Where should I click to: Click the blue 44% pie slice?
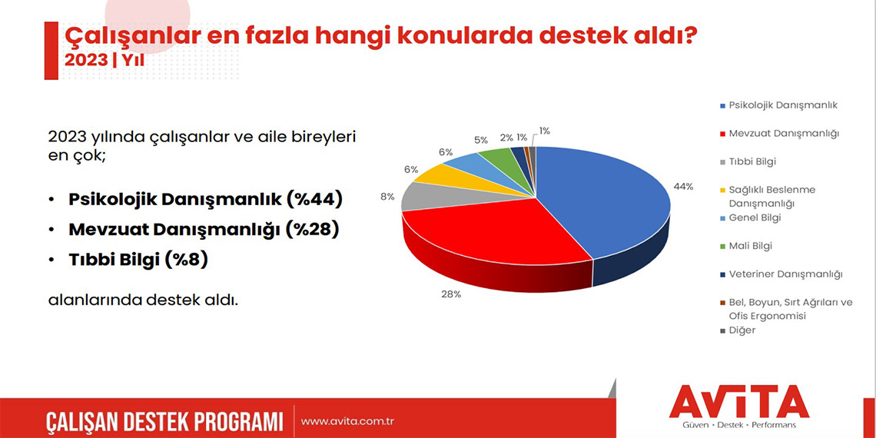(607, 200)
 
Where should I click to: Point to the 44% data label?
(682, 187)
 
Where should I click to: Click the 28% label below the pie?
(451, 294)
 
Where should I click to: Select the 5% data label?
(481, 140)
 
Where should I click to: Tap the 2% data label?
(506, 138)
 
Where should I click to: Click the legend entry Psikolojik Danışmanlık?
(782, 105)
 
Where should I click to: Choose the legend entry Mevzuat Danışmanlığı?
(783, 133)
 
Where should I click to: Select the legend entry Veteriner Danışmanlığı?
(785, 274)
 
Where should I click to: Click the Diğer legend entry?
(742, 330)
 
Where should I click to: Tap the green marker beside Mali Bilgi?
(722, 247)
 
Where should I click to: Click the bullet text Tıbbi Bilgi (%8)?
(138, 260)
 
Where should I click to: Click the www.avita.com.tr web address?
(347, 421)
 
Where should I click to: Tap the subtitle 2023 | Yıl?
(105, 59)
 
